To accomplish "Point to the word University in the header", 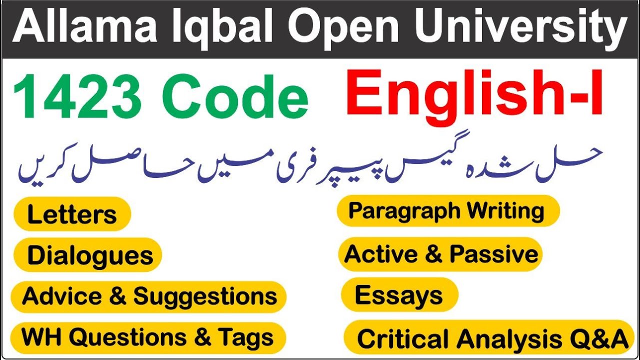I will click(519, 29).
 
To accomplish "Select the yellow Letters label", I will click(72, 214).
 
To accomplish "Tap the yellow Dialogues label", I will click(90, 255).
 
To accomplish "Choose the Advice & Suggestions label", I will click(149, 296).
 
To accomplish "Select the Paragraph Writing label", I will click(446, 210).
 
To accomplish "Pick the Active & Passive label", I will click(441, 254).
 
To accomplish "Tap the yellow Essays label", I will click(398, 295).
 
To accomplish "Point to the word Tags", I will click(245, 337).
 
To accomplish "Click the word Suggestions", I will click(205, 296).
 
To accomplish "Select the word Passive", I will click(493, 254).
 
